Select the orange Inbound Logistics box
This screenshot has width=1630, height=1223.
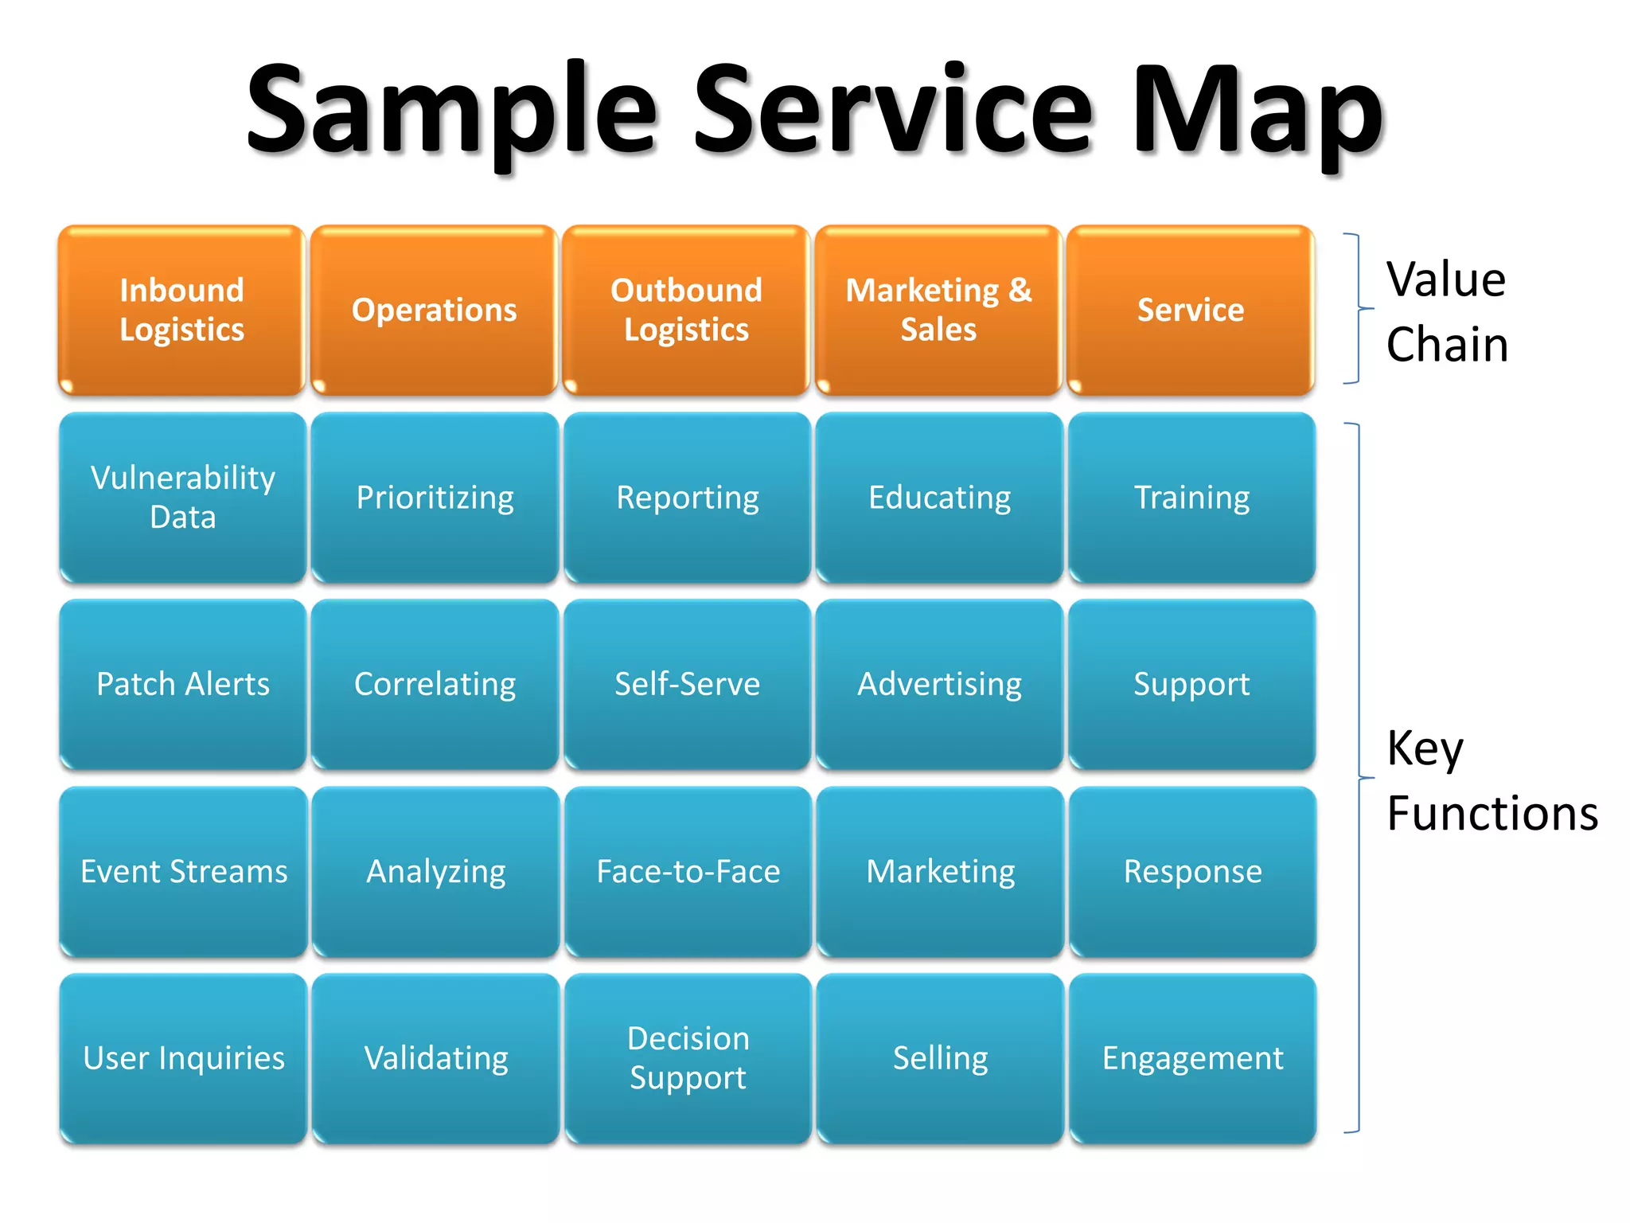pos(182,311)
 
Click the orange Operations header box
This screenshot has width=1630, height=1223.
pos(435,311)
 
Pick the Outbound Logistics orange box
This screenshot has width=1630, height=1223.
pos(686,311)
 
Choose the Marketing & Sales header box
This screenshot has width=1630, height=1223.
pos(938,311)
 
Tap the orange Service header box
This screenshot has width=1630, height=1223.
pos(1191,311)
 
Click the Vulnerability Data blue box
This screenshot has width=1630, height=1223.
pos(183,498)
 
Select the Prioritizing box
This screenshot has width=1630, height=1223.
pos(435,498)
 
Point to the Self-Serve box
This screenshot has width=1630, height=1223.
pos(687,685)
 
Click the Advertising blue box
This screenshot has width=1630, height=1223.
pos(939,685)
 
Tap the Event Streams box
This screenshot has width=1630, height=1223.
pos(184,872)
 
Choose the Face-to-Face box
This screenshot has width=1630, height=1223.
pos(688,872)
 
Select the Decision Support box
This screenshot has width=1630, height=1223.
pos(688,1058)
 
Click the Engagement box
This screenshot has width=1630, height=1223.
pos(1192,1058)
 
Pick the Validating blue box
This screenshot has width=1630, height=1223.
pos(436,1058)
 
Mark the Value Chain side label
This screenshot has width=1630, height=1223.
pos(1446,312)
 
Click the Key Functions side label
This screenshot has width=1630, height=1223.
pos(1490,780)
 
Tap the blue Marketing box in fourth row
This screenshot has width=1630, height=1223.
pos(940,872)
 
